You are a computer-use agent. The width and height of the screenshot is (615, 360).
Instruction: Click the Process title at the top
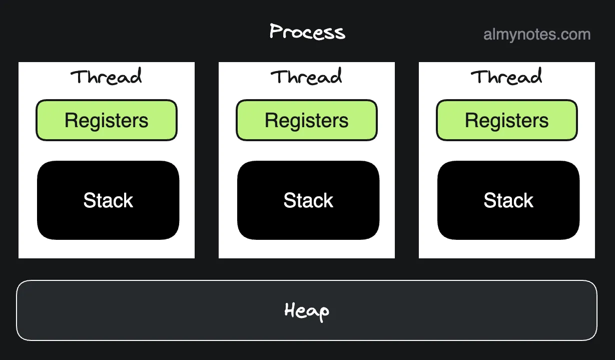click(x=307, y=32)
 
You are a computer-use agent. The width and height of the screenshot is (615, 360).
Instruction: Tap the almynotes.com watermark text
click(x=537, y=35)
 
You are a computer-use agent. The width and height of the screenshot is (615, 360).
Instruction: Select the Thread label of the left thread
click(x=106, y=77)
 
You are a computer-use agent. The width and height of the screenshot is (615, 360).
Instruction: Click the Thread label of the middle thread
click(x=306, y=77)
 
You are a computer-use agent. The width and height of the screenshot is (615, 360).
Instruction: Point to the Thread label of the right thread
click(x=506, y=77)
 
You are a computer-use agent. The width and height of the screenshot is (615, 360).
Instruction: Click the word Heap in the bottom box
click(x=307, y=311)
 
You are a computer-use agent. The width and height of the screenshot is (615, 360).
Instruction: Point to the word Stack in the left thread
click(x=108, y=201)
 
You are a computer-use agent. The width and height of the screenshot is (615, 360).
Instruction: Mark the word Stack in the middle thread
click(x=308, y=201)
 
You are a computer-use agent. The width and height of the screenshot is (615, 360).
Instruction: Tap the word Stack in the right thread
click(x=508, y=201)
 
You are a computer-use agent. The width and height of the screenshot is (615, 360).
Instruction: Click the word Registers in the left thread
click(x=107, y=121)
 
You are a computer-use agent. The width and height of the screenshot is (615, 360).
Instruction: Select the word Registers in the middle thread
click(x=307, y=121)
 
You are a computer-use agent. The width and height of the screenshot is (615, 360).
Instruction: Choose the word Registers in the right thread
click(x=507, y=121)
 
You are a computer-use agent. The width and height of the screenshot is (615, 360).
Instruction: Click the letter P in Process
click(x=276, y=32)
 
